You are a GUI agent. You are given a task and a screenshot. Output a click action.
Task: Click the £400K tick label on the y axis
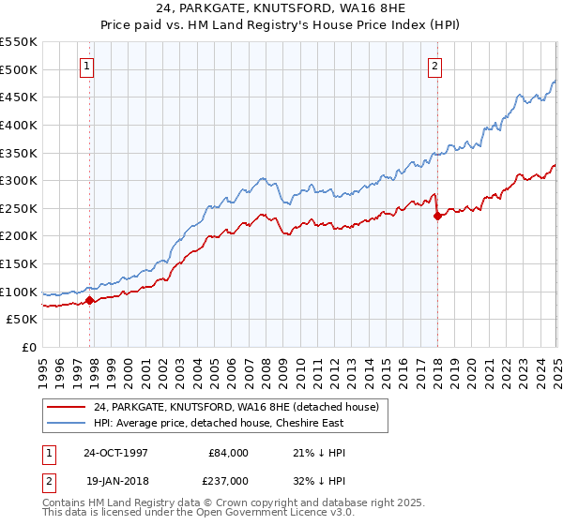coord(19,125)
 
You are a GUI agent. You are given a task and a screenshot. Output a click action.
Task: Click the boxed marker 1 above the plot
coord(86,66)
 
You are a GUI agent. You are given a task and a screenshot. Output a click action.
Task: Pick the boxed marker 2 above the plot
coord(436,66)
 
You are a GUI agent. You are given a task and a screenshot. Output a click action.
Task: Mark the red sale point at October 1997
coord(90,301)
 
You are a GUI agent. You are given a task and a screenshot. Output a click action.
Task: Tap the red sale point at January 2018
coord(437,216)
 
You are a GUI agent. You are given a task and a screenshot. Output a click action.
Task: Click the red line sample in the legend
coord(65,407)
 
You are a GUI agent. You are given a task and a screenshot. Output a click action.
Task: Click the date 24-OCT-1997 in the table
coord(117,452)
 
